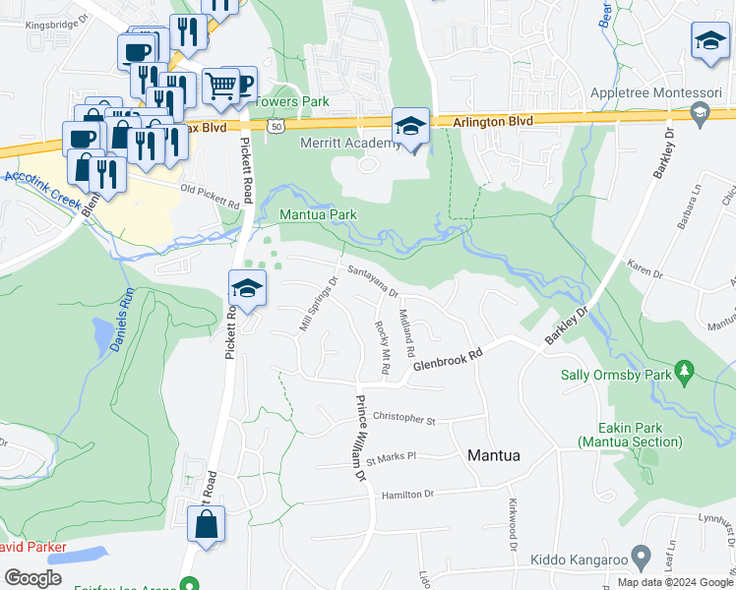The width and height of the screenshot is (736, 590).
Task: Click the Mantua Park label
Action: [x=318, y=214]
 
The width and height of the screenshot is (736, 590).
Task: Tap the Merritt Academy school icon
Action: [x=410, y=125]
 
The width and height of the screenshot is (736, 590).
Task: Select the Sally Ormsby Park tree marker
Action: [x=686, y=373]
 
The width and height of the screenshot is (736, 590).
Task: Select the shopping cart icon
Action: [x=220, y=87]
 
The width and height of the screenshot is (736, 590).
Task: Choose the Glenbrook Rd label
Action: [x=448, y=363]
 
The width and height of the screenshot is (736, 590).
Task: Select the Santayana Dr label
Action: [x=371, y=280]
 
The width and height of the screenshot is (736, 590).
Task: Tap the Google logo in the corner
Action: [x=32, y=577]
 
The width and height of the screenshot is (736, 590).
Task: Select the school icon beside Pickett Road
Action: [x=247, y=288]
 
